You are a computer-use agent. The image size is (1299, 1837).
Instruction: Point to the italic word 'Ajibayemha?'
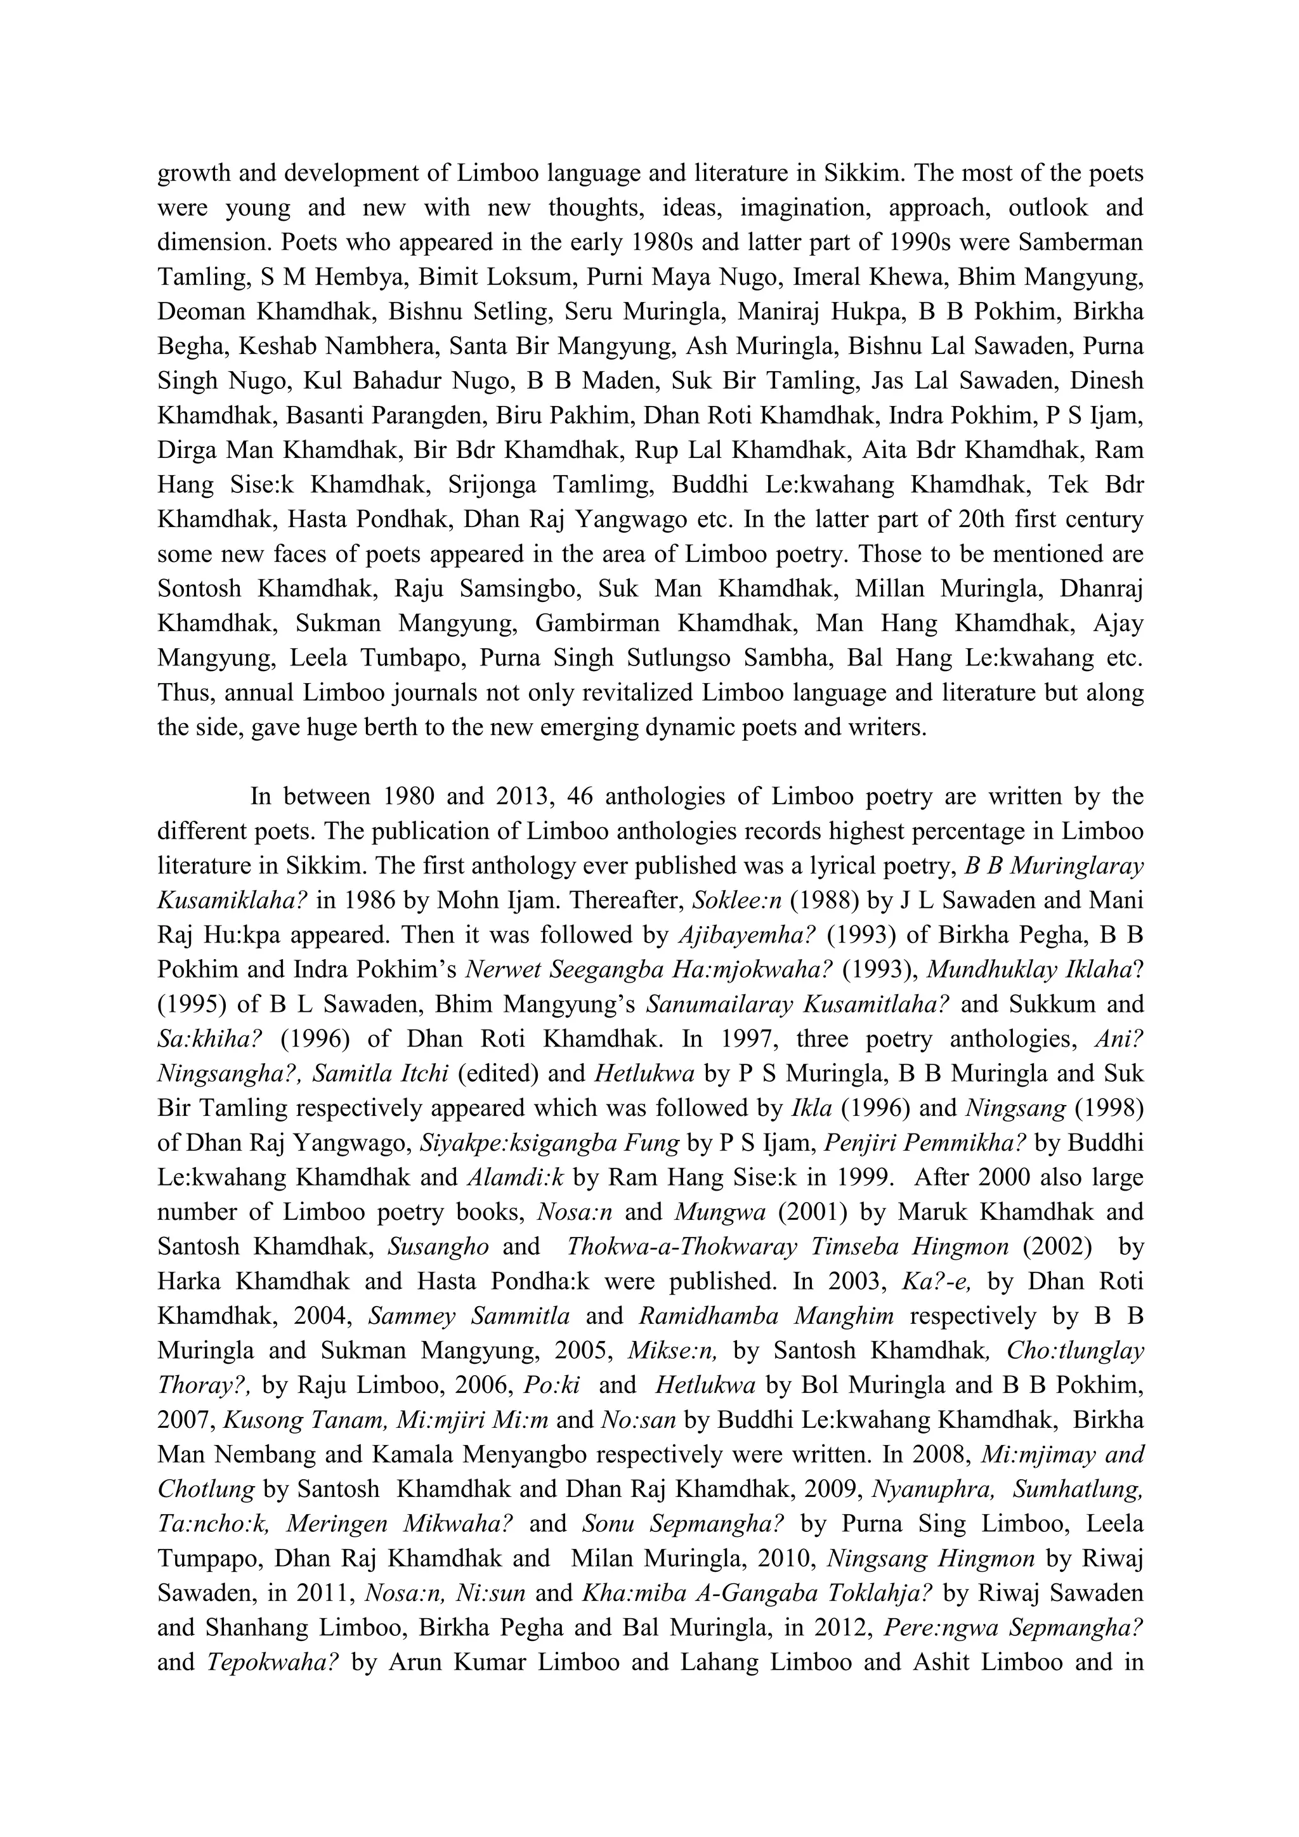(733, 935)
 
